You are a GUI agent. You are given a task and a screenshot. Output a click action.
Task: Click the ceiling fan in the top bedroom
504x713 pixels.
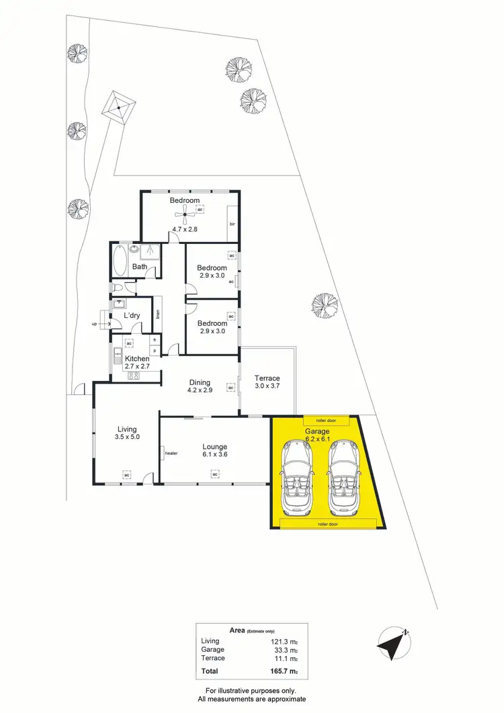183,216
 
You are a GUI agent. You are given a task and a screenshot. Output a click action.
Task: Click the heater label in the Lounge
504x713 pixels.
171,453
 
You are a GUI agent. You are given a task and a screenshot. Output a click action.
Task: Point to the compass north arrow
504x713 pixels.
393,643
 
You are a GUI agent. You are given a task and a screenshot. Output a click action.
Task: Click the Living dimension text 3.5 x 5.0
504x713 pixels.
126,438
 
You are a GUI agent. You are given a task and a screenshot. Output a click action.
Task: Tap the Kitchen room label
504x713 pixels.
136,359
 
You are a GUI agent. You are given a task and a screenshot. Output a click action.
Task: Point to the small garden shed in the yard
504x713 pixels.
120,106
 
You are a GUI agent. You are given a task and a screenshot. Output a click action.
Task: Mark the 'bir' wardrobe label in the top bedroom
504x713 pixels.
233,224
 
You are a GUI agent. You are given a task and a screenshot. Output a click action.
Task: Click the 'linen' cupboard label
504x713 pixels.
157,314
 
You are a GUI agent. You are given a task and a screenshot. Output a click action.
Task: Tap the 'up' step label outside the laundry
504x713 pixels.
94,325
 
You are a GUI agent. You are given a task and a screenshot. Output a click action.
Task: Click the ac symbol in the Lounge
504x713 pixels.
215,475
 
